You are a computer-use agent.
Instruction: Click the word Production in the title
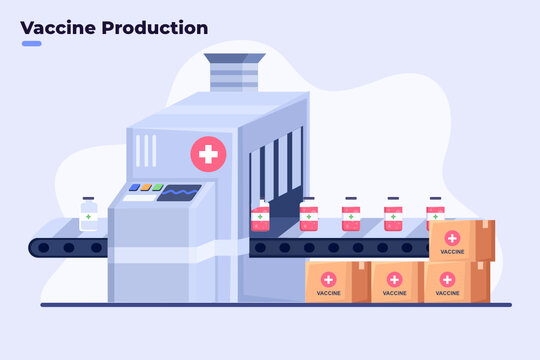pos(153,28)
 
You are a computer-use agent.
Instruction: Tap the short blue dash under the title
pos(31,44)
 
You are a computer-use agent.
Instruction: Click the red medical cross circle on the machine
pos(208,154)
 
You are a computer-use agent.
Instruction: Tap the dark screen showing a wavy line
pos(179,192)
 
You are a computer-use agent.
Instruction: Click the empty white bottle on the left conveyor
pos(89,216)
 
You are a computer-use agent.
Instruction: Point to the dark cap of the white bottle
pos(89,200)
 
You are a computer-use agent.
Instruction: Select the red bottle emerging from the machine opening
pos(261,217)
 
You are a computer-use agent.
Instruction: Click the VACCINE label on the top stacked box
pos(452,251)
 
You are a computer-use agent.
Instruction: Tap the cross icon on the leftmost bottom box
pos(330,277)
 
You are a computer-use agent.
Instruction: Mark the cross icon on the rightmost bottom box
pos(448,278)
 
